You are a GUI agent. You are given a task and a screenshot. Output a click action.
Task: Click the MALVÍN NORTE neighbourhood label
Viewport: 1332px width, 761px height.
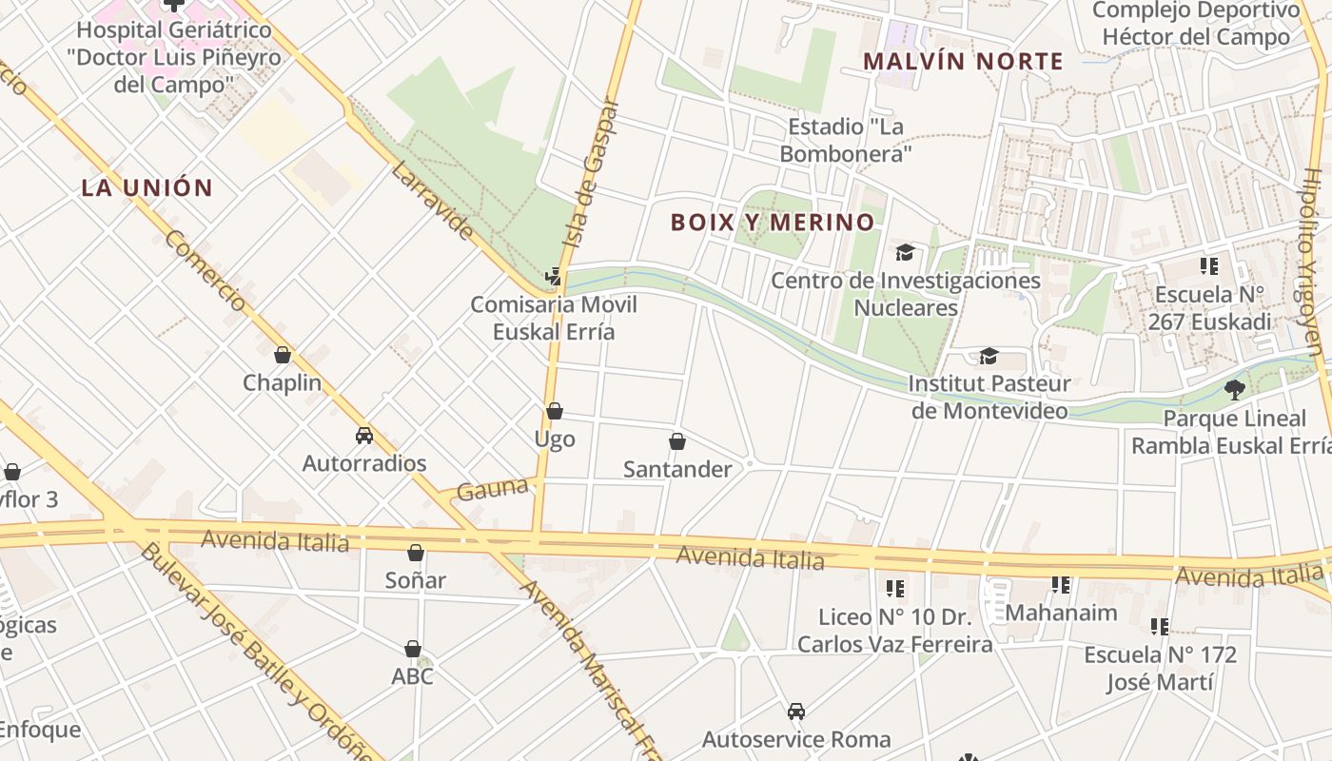pyautogui.click(x=963, y=62)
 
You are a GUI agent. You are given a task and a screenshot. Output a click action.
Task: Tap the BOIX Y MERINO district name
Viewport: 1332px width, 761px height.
pyautogui.click(x=773, y=223)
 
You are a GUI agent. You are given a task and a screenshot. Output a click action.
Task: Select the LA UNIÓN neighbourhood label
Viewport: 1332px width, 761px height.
pyautogui.click(x=147, y=187)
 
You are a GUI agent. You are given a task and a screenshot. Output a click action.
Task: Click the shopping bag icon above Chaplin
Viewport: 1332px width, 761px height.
pyautogui.click(x=283, y=355)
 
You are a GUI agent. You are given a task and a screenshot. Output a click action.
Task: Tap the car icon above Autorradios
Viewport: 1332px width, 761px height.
pyautogui.click(x=363, y=436)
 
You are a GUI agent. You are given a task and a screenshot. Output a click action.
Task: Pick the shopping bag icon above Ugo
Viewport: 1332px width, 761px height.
pyautogui.click(x=555, y=411)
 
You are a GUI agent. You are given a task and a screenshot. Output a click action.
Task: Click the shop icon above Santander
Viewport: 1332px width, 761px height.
pyautogui.click(x=677, y=441)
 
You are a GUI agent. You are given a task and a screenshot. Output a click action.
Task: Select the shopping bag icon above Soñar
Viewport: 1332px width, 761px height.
pyautogui.click(x=416, y=552)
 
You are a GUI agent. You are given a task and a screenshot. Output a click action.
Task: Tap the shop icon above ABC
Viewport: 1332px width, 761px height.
pyautogui.click(x=413, y=649)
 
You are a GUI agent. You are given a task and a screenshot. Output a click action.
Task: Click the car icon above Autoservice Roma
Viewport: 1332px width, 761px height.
pyautogui.click(x=796, y=711)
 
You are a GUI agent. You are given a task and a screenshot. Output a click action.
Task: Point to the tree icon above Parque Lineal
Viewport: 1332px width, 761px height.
pyautogui.click(x=1235, y=389)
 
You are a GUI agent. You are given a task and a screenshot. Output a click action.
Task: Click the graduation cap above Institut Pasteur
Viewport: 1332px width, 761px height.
pyautogui.click(x=989, y=356)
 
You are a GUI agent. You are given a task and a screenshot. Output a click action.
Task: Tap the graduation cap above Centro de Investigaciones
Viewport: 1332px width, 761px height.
pyautogui.click(x=905, y=252)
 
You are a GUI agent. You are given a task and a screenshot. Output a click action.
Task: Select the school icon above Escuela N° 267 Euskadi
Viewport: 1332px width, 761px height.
pyautogui.click(x=1209, y=266)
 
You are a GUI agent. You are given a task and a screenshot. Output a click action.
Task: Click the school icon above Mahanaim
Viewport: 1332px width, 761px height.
pyautogui.click(x=1061, y=584)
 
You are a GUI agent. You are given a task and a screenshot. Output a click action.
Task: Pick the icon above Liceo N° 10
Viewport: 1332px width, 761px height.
pyautogui.click(x=895, y=589)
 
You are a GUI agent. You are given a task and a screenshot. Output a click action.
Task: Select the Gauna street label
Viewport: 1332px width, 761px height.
pyautogui.click(x=492, y=490)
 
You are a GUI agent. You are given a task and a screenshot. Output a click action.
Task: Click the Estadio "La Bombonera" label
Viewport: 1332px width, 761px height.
pyautogui.click(x=846, y=140)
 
